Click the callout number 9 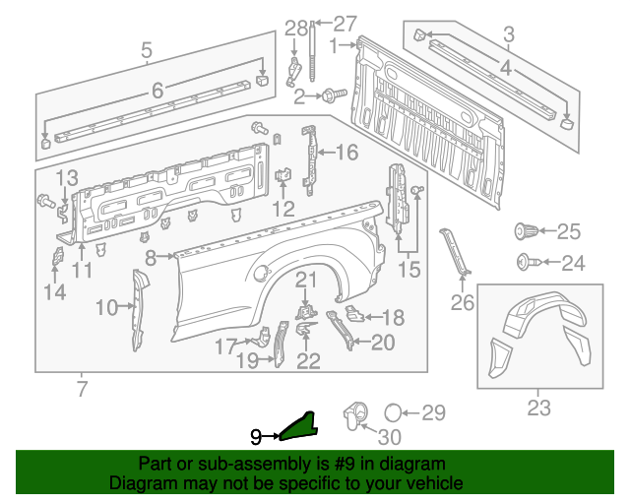(x=255, y=435)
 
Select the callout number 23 (x=538, y=408)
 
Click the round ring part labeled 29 (x=391, y=412)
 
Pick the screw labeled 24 (x=526, y=263)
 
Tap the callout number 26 (x=463, y=302)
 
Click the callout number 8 (x=151, y=258)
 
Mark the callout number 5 (x=146, y=49)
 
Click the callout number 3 (x=508, y=35)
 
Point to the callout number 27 (x=345, y=24)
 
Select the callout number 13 (x=65, y=177)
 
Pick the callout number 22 (x=308, y=361)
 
